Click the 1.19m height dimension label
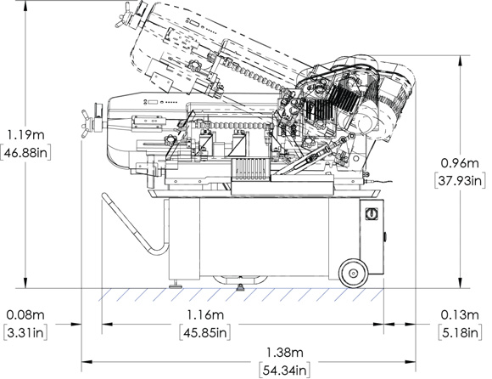pyautogui.click(x=25, y=135)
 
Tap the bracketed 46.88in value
pyautogui.click(x=25, y=153)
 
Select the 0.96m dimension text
pyautogui.click(x=460, y=163)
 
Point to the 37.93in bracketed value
pyautogui.click(x=460, y=181)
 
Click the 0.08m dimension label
pyautogui.click(x=25, y=314)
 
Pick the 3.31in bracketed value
pyautogui.click(x=25, y=332)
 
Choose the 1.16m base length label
pyautogui.click(x=205, y=314)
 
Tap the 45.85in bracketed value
pyautogui.click(x=205, y=332)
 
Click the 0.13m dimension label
pyautogui.click(x=460, y=314)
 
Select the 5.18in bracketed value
pyautogui.click(x=460, y=332)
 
